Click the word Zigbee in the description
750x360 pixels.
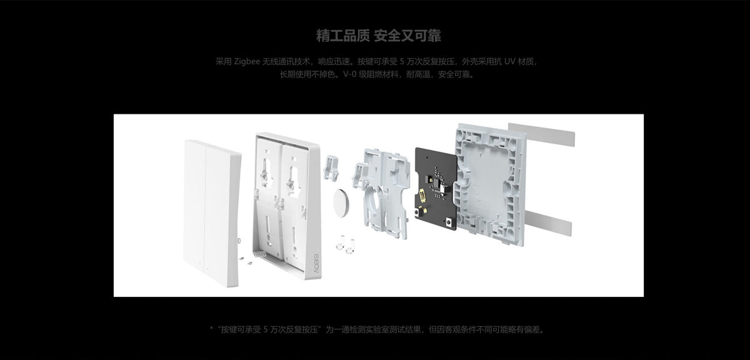247,62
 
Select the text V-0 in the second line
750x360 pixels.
350,74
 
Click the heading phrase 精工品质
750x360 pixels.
343,36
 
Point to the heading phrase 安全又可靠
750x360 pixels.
407,36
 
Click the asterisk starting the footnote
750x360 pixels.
211,329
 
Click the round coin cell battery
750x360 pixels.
341,203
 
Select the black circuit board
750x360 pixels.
436,189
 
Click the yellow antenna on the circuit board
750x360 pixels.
422,195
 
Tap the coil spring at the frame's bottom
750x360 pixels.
259,254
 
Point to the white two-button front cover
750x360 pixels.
212,213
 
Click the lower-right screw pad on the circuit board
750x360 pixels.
449,221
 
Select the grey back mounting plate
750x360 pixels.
489,184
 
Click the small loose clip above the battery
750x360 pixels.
331,167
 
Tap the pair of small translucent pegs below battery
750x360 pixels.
346,244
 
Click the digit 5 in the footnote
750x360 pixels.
265,329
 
